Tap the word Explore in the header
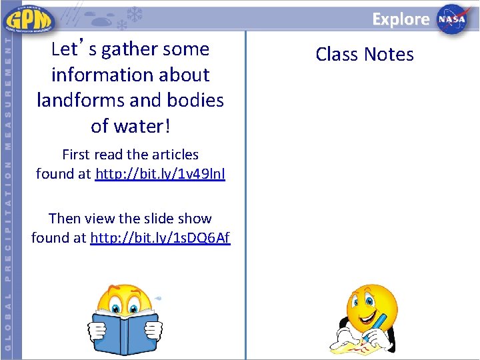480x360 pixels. tap(401, 19)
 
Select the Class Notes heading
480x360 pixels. tap(365, 54)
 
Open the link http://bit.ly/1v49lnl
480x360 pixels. tap(160, 174)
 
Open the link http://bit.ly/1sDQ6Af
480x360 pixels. tap(160, 237)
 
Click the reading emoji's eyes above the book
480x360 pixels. tap(126, 308)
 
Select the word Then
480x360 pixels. tap(64, 219)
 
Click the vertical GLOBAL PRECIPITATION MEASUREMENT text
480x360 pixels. tap(8, 193)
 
